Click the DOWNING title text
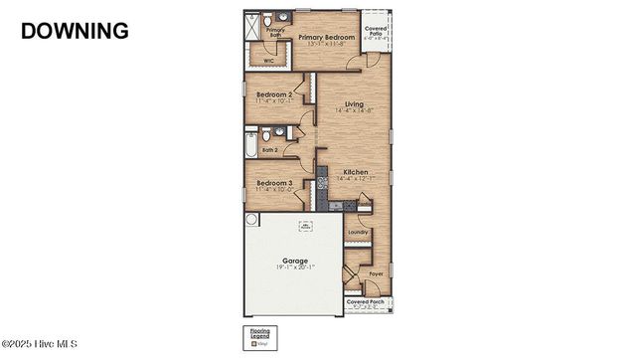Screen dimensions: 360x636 (x=75, y=30)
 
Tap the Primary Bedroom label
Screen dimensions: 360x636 (x=326, y=37)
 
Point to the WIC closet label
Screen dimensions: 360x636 (x=268, y=61)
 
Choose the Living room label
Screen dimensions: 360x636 (x=354, y=103)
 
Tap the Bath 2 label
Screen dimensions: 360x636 (x=269, y=150)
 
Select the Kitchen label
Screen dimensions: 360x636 (x=356, y=172)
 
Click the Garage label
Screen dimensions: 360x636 (x=294, y=260)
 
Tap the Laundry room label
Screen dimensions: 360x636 (x=358, y=233)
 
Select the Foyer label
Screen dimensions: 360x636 (x=376, y=273)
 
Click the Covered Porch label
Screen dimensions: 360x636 (x=366, y=300)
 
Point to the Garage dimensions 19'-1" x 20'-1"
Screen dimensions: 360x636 (x=294, y=267)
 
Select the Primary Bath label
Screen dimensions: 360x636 (x=275, y=33)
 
